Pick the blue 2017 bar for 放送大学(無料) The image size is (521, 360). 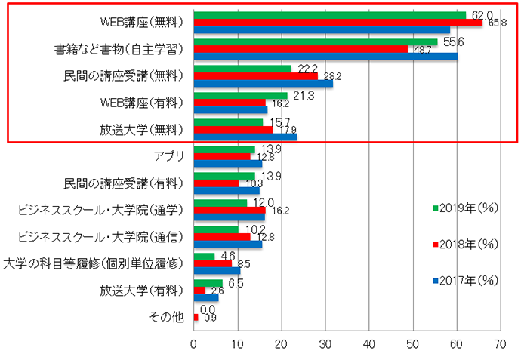pos(245,137)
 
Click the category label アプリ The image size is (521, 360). pos(169,156)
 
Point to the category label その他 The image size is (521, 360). pos(168,317)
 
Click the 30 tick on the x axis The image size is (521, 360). pos(325,344)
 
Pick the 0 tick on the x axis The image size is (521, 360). pos(194,344)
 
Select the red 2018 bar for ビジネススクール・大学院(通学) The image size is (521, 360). pos(230,210)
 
